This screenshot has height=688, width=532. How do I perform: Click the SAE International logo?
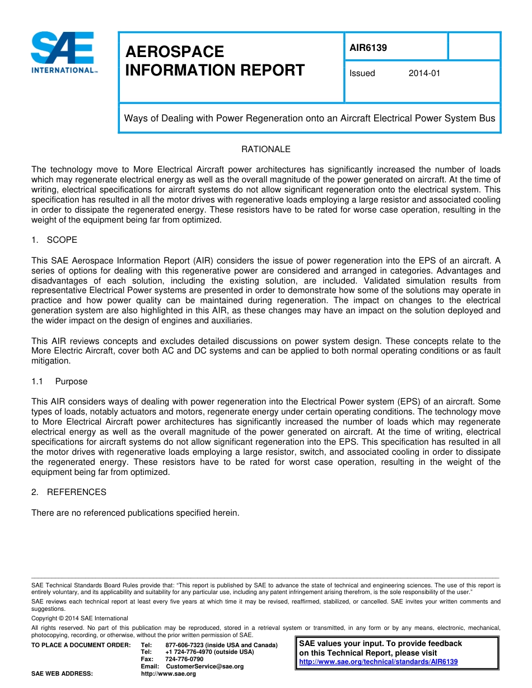(63, 53)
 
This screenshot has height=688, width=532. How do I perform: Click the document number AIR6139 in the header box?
(368, 48)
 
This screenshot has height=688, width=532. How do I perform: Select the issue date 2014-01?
(424, 73)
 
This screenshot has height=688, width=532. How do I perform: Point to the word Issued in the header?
(362, 73)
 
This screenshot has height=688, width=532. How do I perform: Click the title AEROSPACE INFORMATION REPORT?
(215, 61)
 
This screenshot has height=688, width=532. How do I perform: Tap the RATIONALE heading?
(265, 149)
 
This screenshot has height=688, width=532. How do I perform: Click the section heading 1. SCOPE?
(54, 240)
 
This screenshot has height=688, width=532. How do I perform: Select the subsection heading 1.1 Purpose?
(60, 381)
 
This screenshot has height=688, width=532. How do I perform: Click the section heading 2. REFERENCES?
(69, 492)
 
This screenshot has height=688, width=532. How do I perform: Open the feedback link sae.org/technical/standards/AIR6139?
(379, 662)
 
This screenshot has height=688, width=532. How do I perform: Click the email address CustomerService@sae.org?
(204, 667)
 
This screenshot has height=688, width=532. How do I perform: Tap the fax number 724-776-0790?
(184, 659)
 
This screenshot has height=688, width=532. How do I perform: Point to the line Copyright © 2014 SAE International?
(80, 619)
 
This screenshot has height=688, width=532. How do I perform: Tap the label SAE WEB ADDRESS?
(62, 674)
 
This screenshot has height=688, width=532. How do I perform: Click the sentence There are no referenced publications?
(135, 512)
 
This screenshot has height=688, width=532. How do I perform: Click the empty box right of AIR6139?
(474, 46)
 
